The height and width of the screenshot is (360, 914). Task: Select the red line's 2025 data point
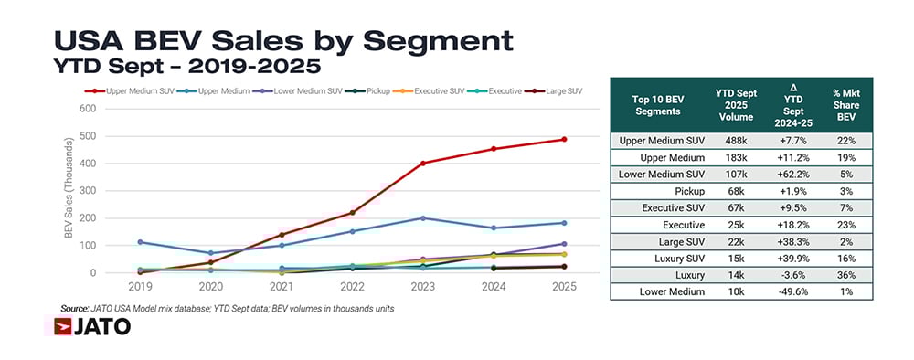pyautogui.click(x=565, y=139)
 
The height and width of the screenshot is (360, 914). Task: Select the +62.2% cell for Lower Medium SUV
pyautogui.click(x=792, y=174)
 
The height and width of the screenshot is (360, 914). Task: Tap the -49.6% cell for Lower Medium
pyautogui.click(x=792, y=291)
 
